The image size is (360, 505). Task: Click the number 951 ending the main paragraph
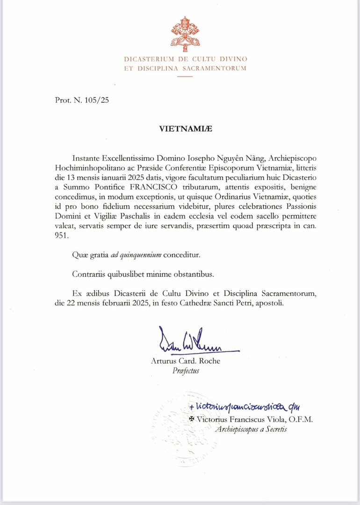pyautogui.click(x=62, y=236)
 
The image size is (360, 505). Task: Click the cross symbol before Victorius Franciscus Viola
pyautogui.click(x=191, y=419)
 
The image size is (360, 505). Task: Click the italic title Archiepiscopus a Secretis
pyautogui.click(x=251, y=429)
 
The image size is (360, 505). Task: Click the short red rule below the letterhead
pyautogui.click(x=186, y=77)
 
